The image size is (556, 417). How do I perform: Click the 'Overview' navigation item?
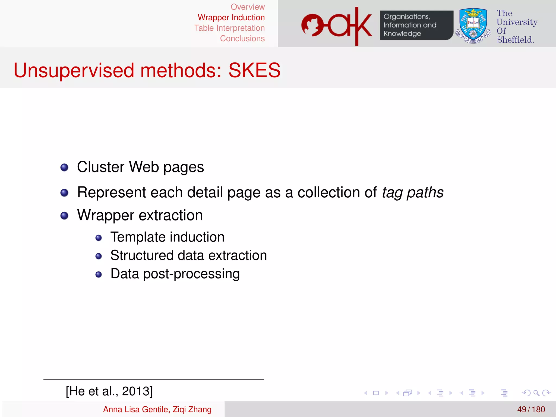pos(247,7)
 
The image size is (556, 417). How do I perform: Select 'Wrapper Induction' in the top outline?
pos(231,17)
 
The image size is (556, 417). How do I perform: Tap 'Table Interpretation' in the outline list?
pos(229,28)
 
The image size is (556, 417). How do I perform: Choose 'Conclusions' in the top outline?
pos(242,39)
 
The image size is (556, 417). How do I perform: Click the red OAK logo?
pos(337,26)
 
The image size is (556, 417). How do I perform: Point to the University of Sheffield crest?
pos(473,26)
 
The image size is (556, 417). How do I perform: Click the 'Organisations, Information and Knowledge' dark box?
pos(416,25)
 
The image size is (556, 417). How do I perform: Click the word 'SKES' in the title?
pos(254,70)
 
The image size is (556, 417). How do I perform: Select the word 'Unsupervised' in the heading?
pos(74,70)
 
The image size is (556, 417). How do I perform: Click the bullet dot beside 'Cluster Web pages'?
pos(64,167)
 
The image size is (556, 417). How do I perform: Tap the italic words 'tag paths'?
pos(413,192)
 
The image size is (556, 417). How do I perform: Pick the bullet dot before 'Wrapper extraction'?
pos(64,216)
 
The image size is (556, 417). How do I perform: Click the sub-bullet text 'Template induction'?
pos(167,237)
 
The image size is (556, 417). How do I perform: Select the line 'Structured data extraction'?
pos(188,255)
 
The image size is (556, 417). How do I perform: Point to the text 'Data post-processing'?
pos(175,274)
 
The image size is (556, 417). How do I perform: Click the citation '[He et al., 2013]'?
pos(109,391)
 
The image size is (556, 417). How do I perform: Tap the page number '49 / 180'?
pos(531,409)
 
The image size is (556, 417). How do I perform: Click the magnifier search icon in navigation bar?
pos(536,393)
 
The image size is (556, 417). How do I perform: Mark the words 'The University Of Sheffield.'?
pos(517,26)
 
